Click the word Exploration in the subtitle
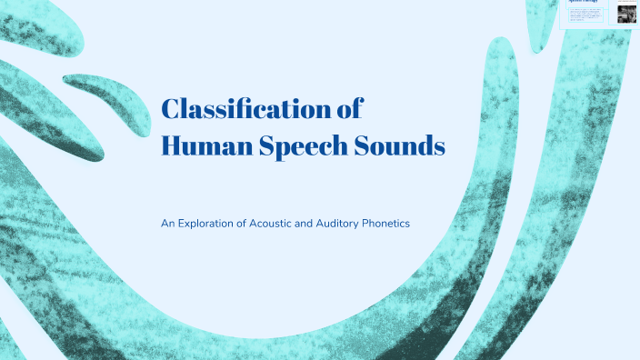tap(211, 223)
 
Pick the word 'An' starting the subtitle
tap(167, 223)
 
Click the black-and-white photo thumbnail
tap(626, 14)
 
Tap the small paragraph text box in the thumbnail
tap(587, 15)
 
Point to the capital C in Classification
tap(170, 110)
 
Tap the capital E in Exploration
tap(181, 223)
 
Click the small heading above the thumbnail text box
tap(583, 3)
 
